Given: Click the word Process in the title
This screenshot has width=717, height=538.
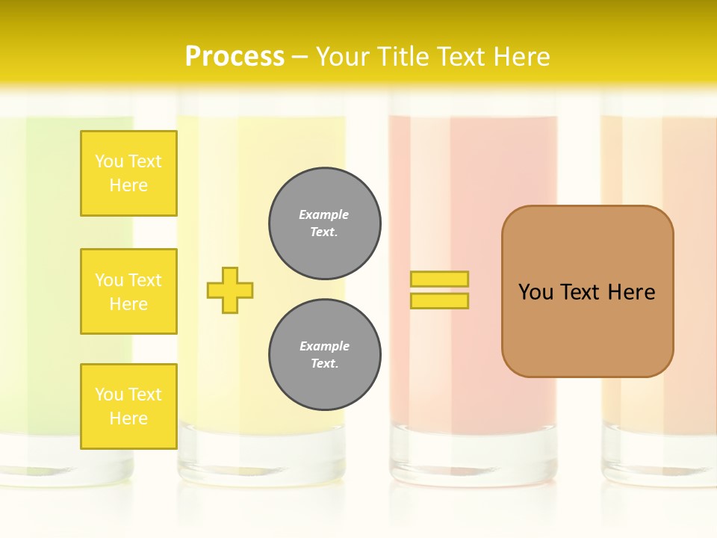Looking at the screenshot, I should (235, 57).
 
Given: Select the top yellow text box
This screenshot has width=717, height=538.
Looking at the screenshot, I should (128, 173).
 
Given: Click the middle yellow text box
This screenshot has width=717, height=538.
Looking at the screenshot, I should (128, 291).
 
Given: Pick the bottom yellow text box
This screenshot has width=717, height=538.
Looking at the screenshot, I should (128, 406).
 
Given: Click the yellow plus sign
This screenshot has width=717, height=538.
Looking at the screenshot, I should (230, 290).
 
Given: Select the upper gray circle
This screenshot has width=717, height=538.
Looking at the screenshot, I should (325, 223).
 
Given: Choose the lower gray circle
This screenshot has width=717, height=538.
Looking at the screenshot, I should (325, 355).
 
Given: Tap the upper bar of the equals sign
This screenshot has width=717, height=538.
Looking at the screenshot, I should (439, 279).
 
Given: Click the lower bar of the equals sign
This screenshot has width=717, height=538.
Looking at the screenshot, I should (439, 300).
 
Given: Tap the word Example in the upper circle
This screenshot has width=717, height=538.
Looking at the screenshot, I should (324, 214).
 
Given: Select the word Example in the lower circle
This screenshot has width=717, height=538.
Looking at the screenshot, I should (324, 346).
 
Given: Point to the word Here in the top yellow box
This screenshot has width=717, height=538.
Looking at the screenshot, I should (128, 185).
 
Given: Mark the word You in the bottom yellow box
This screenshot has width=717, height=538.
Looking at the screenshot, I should (109, 395).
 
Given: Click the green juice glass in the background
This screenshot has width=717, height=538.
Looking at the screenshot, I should (45, 284).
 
